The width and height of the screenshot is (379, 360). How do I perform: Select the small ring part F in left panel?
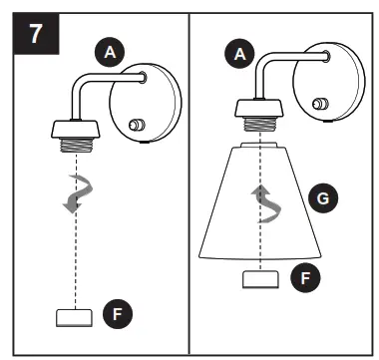73,318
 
